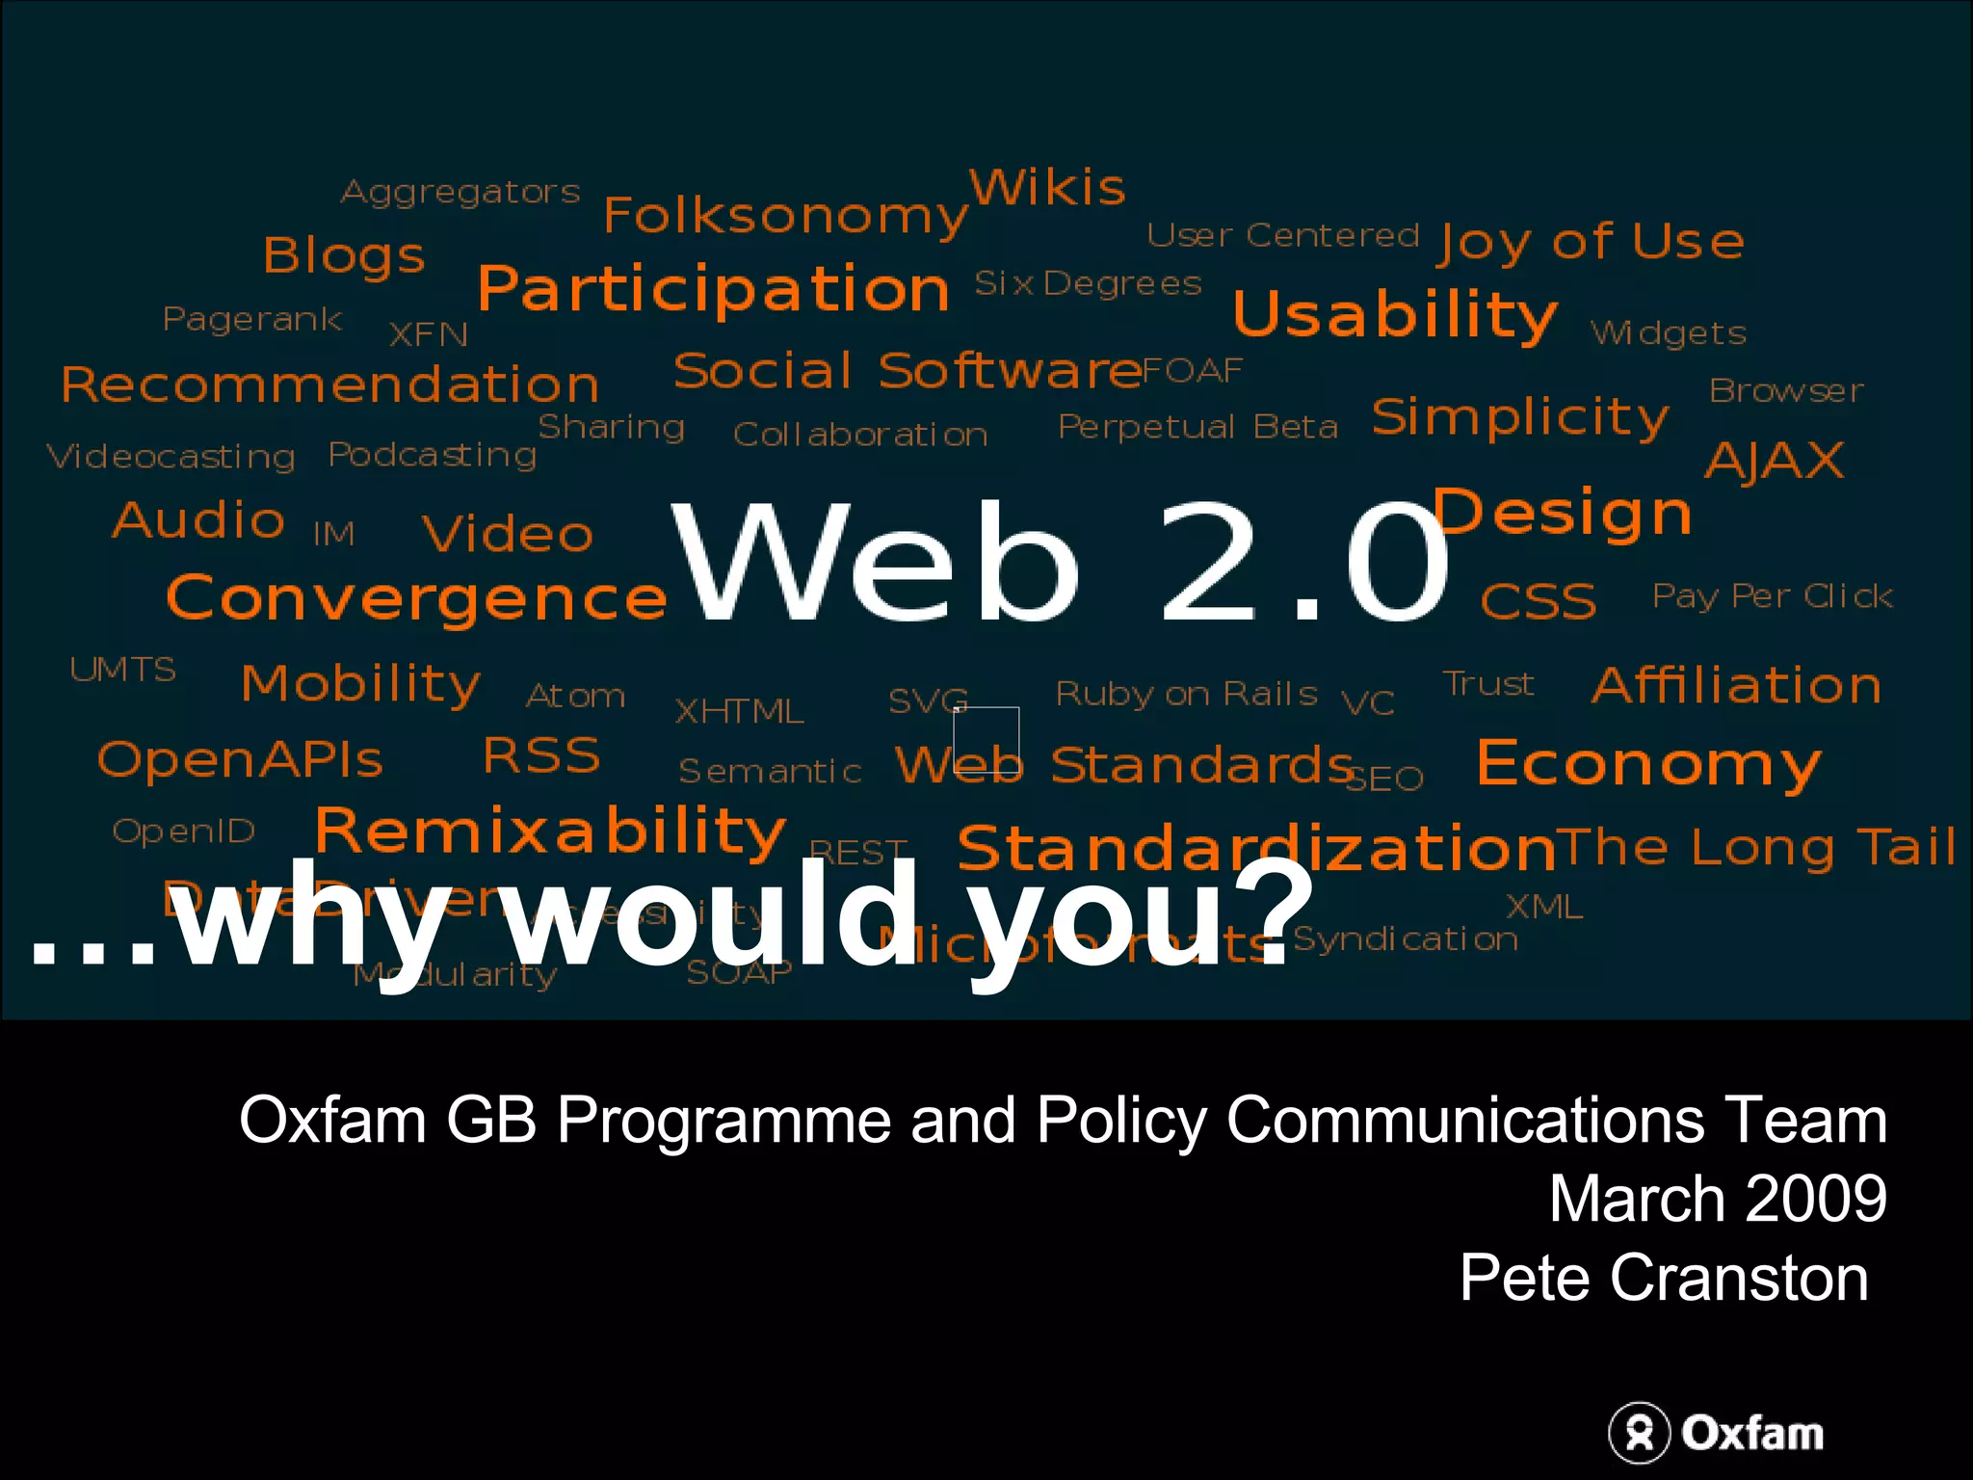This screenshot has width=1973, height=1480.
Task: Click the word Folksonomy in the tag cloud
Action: [784, 216]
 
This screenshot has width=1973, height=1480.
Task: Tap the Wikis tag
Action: [1047, 187]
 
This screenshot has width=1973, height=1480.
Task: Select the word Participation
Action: [714, 289]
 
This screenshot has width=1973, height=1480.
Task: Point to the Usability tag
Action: [1394, 314]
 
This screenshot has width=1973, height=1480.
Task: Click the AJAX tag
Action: [1775, 461]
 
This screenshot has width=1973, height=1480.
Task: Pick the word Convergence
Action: [416, 598]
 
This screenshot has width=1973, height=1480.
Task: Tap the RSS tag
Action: [541, 755]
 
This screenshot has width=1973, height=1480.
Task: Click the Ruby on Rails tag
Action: [1186, 694]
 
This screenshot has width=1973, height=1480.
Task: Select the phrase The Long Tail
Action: [1755, 848]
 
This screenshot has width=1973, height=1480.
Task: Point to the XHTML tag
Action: [739, 712]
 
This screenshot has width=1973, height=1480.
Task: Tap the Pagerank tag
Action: [252, 319]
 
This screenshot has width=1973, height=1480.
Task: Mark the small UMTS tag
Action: [122, 670]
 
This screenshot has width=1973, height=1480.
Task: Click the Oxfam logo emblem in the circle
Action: [1639, 1433]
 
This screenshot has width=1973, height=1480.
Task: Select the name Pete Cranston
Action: [1664, 1278]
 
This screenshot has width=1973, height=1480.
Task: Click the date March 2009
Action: [1718, 1199]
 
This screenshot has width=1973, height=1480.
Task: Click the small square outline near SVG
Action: [986, 740]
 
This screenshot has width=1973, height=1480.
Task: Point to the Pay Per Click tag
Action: [1773, 596]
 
